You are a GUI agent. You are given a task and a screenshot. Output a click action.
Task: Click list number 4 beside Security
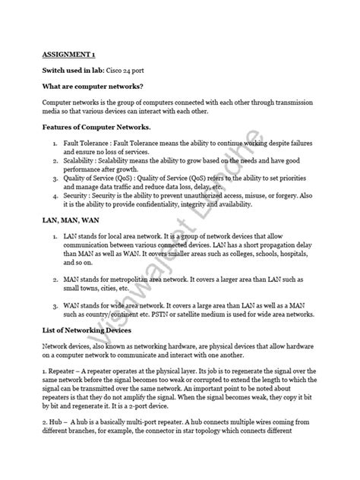point(55,194)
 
